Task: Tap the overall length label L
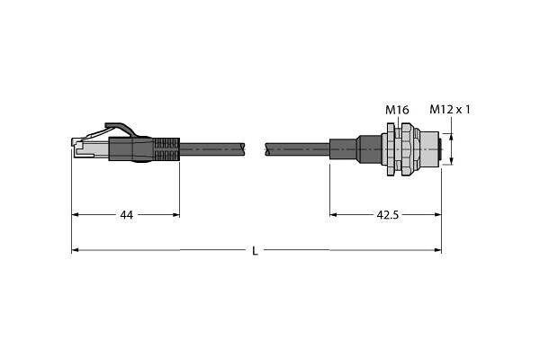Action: click(255, 250)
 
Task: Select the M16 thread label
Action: click(397, 110)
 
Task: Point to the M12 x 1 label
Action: click(450, 110)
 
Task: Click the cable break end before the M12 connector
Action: click(268, 145)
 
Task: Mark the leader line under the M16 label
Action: click(396, 124)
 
